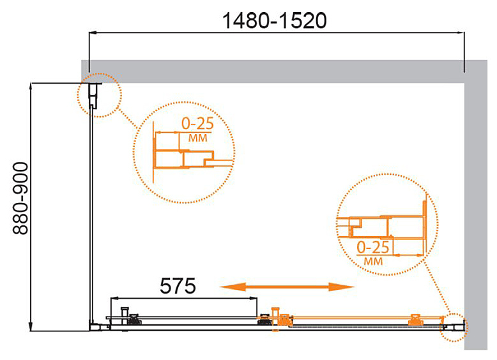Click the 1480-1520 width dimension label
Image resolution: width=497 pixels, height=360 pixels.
[x=275, y=21]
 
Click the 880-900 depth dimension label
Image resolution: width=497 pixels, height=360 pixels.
[x=20, y=199]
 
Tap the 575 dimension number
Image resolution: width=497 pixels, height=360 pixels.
[x=178, y=286]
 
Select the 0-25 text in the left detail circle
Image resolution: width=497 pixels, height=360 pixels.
[x=197, y=124]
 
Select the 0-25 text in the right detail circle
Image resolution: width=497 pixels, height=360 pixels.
[x=373, y=247]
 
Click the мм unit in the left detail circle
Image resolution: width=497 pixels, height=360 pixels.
[x=198, y=138]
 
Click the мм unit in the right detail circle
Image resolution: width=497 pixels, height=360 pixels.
[x=373, y=261]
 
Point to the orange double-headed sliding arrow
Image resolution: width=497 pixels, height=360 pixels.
[x=287, y=287]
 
